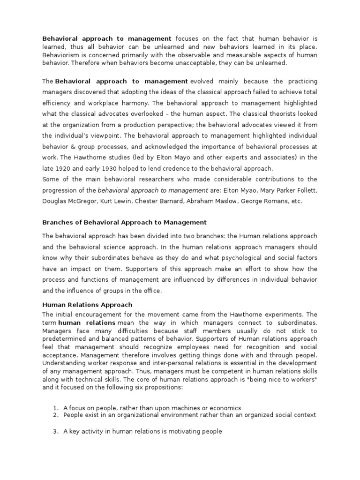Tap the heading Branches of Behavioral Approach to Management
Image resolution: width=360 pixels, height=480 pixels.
pyautogui.click(x=124, y=222)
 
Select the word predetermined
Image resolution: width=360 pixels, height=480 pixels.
pyautogui.click(x=64, y=339)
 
